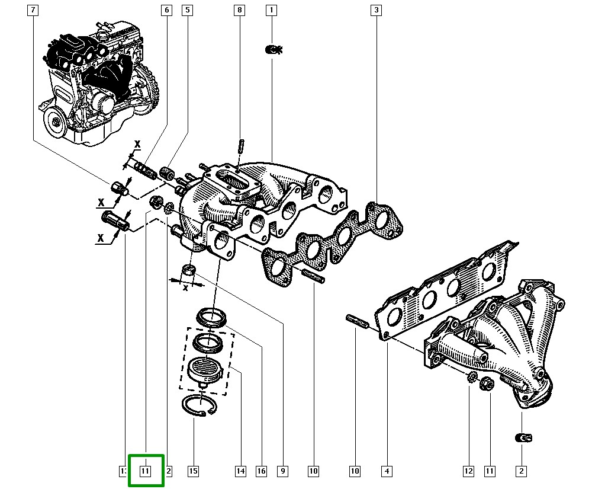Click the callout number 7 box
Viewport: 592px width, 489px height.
[33, 10]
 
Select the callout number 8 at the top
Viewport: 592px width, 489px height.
[239, 10]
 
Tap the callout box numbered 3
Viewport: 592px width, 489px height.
[376, 10]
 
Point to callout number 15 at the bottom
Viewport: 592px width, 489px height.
[193, 471]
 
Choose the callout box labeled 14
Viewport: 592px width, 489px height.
[240, 471]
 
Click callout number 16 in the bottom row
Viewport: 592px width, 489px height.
[261, 471]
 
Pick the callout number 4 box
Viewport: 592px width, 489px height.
[386, 471]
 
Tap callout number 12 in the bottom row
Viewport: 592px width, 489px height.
[468, 471]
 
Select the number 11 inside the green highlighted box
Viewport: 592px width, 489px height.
[146, 471]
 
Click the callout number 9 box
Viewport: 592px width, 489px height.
[282, 471]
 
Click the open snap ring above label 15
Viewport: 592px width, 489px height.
[199, 406]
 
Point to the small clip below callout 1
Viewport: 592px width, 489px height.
[273, 50]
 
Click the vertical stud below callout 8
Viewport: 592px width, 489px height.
[241, 145]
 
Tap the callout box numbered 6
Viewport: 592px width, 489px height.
[166, 10]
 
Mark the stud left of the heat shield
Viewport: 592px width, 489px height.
[357, 321]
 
